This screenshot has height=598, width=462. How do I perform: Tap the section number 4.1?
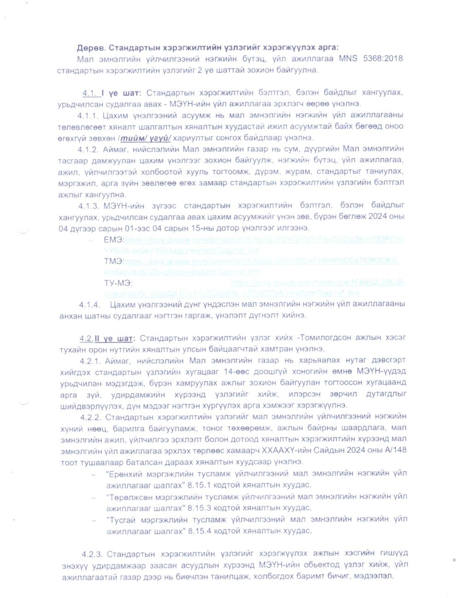(x=89, y=93)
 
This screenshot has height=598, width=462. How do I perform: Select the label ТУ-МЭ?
(x=118, y=282)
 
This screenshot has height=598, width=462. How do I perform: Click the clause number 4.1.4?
(x=89, y=305)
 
